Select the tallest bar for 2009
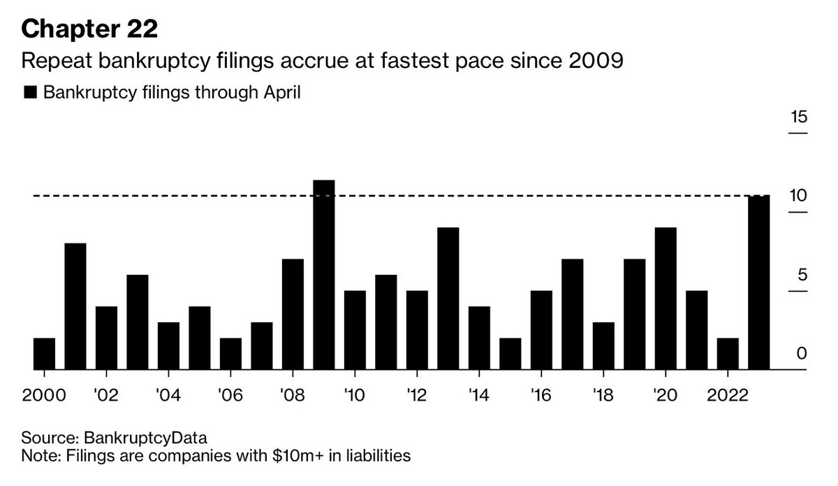[x=324, y=274]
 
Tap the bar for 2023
[x=758, y=282]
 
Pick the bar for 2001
[x=75, y=306]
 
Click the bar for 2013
[x=448, y=298]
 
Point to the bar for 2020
[x=666, y=298]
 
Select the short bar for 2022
[x=728, y=353]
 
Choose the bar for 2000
[x=44, y=353]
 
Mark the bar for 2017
[x=572, y=313]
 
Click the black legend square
[x=31, y=93]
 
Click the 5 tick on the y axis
[x=802, y=275]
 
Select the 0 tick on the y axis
[x=802, y=354]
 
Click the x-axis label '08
[x=293, y=395]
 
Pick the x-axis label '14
[x=479, y=395]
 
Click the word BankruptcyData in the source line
[x=146, y=438]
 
